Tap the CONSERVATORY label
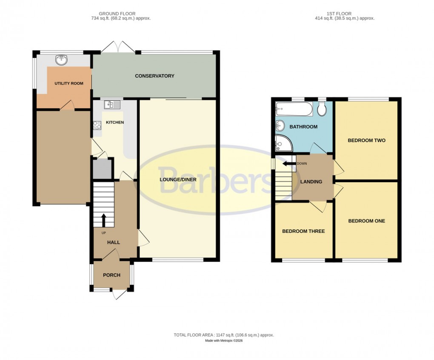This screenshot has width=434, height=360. pyautogui.click(x=154, y=76)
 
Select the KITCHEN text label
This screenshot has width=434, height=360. pyautogui.click(x=114, y=123)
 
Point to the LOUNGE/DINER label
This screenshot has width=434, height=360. pyautogui.click(x=178, y=180)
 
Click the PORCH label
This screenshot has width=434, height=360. pyautogui.click(x=111, y=275)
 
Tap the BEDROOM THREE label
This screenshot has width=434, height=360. pyautogui.click(x=303, y=231)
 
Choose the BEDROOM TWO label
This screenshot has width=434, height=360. pyautogui.click(x=366, y=140)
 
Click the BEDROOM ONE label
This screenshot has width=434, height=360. pyautogui.click(x=366, y=221)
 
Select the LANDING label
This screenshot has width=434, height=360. pyautogui.click(x=311, y=182)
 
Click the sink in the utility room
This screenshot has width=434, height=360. pyautogui.click(x=63, y=60)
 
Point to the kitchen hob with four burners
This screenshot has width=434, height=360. pyautogui.click(x=97, y=125)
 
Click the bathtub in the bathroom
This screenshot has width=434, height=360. pyautogui.click(x=294, y=109)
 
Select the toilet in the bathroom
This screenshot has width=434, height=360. pyautogui.click(x=322, y=109)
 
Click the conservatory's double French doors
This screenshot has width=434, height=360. pyautogui.click(x=118, y=47)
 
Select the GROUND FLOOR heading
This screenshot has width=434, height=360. pyautogui.click(x=117, y=14)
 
